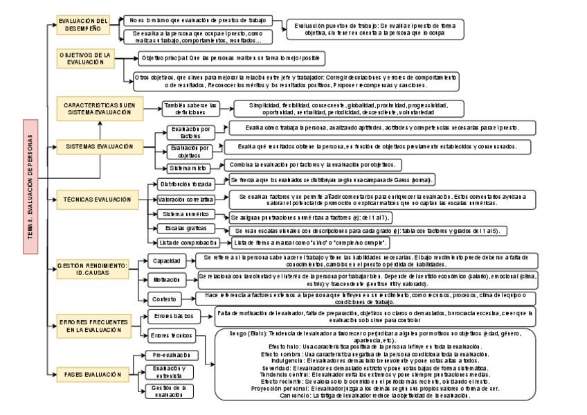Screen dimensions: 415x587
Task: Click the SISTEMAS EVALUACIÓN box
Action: coord(101,147)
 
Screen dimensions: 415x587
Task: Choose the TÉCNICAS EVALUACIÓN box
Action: coord(101,200)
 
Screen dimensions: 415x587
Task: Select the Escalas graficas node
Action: coord(186,228)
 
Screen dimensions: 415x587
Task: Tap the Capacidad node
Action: coord(167,261)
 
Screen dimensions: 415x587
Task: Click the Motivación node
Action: coord(167,279)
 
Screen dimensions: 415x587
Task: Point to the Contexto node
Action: coord(167,299)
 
